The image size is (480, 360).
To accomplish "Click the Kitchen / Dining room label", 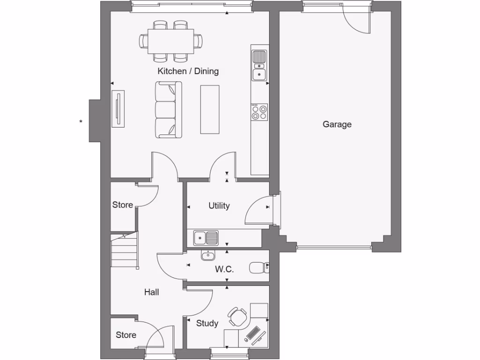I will click(188, 72).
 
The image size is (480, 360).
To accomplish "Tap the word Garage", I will click(337, 125).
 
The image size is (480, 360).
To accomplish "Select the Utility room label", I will click(219, 206).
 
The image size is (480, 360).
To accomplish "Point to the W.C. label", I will click(225, 270).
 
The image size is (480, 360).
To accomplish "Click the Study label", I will click(207, 323).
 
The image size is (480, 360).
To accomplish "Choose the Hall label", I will click(151, 292).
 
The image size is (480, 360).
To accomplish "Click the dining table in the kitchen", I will click(171, 41).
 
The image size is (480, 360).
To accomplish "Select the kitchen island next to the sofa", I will click(210, 109).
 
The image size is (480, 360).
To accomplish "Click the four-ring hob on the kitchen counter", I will click(259, 112).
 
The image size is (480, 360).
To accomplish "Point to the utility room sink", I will click(206, 238).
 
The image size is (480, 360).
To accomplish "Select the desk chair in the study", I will click(237, 317).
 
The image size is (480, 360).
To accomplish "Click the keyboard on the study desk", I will click(254, 334).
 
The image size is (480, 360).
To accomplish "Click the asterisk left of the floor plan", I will click(81, 122).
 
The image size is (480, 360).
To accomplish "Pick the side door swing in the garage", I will click(357, 22).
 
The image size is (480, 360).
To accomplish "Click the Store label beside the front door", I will click(126, 335).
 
